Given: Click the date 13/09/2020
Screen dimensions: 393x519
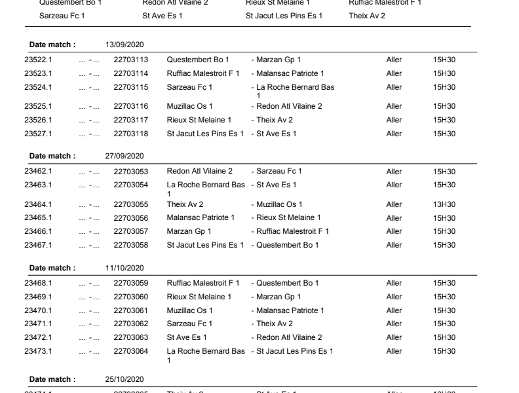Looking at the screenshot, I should [x=125, y=45].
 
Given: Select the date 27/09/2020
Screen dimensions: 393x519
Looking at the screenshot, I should [x=125, y=156].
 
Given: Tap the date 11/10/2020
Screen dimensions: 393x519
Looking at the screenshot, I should [x=125, y=268].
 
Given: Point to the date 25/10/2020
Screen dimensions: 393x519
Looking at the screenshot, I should [x=125, y=379].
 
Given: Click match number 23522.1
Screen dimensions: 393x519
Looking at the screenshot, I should [x=38, y=60].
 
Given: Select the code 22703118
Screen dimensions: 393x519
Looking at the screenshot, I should [x=130, y=134].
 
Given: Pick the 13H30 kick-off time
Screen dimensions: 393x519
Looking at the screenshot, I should [x=444, y=204].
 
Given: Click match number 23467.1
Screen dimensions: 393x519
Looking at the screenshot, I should [x=38, y=245].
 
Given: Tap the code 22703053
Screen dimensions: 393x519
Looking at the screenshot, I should [x=130, y=172].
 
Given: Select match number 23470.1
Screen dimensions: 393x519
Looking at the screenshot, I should [x=38, y=310].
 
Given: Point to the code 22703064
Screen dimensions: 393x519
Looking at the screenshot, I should [x=130, y=351].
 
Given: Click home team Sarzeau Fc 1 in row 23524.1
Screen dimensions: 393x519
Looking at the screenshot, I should [x=189, y=87].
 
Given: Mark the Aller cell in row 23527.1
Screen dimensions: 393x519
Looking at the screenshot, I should [x=394, y=134].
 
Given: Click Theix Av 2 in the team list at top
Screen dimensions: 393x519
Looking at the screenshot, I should [x=367, y=15].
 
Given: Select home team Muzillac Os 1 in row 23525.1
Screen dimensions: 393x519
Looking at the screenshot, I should [x=189, y=106].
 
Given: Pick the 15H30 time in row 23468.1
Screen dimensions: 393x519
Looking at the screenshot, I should [x=444, y=283].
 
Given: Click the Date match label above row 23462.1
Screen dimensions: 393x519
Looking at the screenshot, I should [x=52, y=156].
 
